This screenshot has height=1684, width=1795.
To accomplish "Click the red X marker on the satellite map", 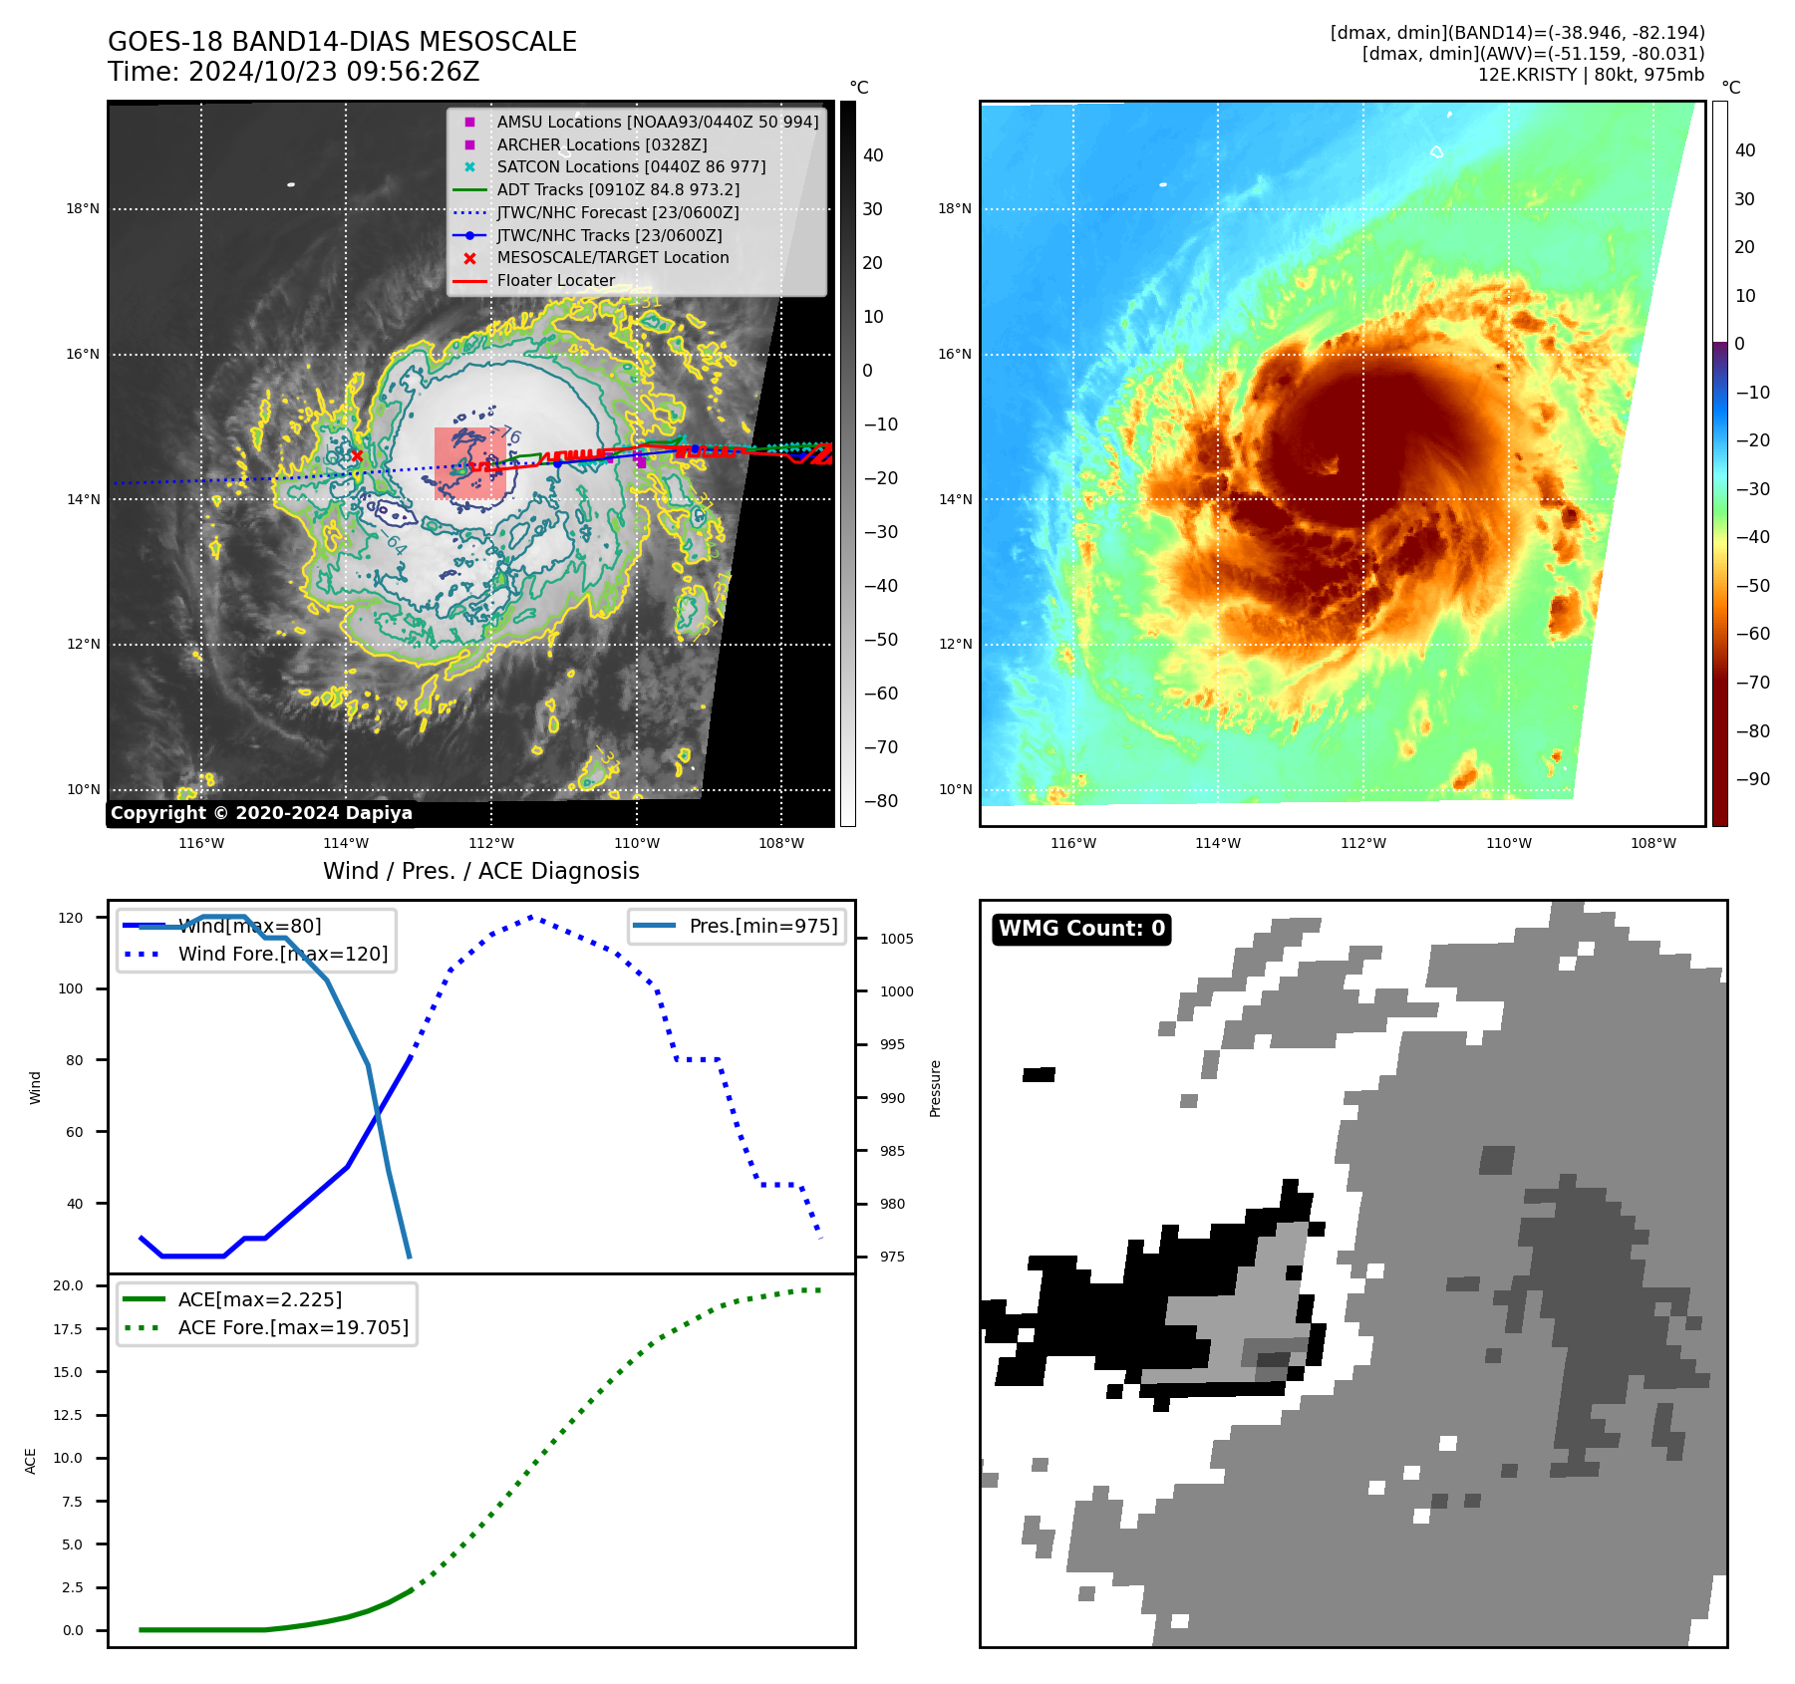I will (357, 456).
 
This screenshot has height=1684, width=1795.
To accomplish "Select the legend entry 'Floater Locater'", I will (555, 281).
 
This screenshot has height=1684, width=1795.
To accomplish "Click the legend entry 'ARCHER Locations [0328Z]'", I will (601, 144).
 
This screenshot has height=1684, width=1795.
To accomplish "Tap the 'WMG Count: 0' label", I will (1081, 929).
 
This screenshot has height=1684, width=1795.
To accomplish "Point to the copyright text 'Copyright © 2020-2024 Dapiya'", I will (261, 813).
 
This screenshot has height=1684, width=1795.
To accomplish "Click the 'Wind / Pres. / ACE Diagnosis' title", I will (480, 871).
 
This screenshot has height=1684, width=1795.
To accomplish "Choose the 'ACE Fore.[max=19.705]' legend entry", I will (293, 1327).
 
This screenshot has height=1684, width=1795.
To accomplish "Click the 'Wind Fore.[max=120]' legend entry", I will (282, 954).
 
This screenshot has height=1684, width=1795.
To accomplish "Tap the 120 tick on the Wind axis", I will (71, 918).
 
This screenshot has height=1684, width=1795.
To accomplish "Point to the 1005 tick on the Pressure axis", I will (896, 939).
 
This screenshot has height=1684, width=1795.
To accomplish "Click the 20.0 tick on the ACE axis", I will (69, 1285).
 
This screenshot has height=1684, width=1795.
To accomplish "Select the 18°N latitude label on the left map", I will (84, 209).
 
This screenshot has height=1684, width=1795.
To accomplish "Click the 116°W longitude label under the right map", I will (1073, 843).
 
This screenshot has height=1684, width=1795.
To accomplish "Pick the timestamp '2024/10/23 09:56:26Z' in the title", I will (334, 72).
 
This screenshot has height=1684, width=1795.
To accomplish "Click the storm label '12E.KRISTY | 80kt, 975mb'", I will (1591, 75).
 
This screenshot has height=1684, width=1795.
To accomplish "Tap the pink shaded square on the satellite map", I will (469, 463).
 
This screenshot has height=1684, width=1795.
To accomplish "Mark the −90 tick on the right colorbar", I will (1752, 779).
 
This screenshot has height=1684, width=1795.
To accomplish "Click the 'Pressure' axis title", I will (935, 1088).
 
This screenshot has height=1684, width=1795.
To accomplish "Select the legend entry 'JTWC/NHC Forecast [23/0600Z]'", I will (618, 212).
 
